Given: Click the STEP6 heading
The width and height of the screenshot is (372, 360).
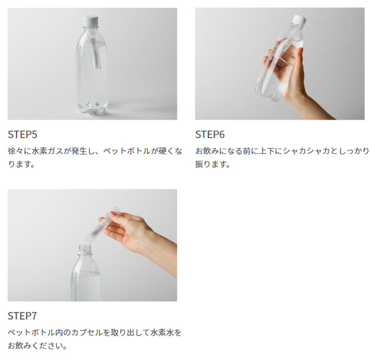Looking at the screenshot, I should (210, 134).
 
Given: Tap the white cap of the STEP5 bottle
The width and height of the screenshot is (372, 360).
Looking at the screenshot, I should (92, 19).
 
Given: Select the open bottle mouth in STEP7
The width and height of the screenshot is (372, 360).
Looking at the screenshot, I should (86, 249).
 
